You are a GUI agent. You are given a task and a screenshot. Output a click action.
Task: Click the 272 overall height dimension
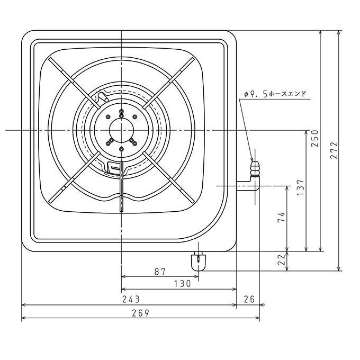pos(334,150)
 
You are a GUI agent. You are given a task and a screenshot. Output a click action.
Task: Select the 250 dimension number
pos(315,138)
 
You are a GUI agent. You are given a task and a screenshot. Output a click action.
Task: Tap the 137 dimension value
pos(300,187)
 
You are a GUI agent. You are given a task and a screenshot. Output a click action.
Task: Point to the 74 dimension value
pos(281,217)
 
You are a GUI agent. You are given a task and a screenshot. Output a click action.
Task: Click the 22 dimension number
pos(282,259)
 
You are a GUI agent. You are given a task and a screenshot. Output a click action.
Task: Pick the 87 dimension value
pos(160,272)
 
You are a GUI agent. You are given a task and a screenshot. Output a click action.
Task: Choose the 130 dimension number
pos(182,284)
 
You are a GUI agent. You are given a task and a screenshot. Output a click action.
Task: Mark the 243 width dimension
pos(131,299)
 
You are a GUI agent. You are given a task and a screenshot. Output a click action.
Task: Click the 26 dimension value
pos(249,299)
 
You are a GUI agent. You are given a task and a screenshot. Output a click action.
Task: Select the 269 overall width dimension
pos(140,313)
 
